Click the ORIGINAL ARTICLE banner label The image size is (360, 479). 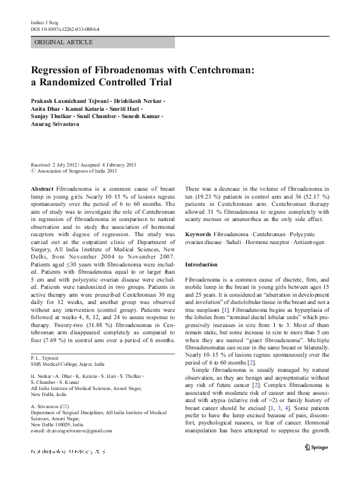[64, 42]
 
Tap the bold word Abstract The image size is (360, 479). [42, 190]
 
